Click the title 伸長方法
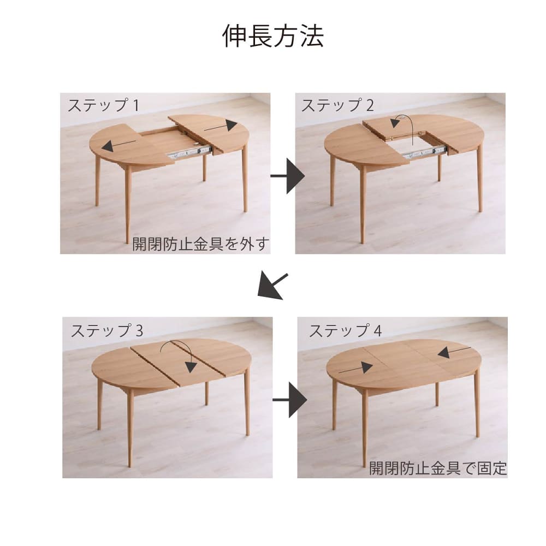coord(273,36)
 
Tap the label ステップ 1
coord(103,105)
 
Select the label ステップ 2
coord(338,105)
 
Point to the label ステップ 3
coord(107,330)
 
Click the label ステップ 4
coord(346,330)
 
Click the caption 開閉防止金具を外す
coord(201,244)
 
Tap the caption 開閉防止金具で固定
coord(438,468)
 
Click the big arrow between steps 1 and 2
coord(288,176)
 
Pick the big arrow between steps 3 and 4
coord(290,400)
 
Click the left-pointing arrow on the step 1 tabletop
coord(118,145)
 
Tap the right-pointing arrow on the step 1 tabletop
coord(221,126)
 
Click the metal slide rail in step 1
coord(189,152)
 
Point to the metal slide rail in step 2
coord(424,152)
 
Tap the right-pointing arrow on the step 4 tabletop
coord(355,369)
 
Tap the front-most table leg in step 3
coord(130,428)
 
